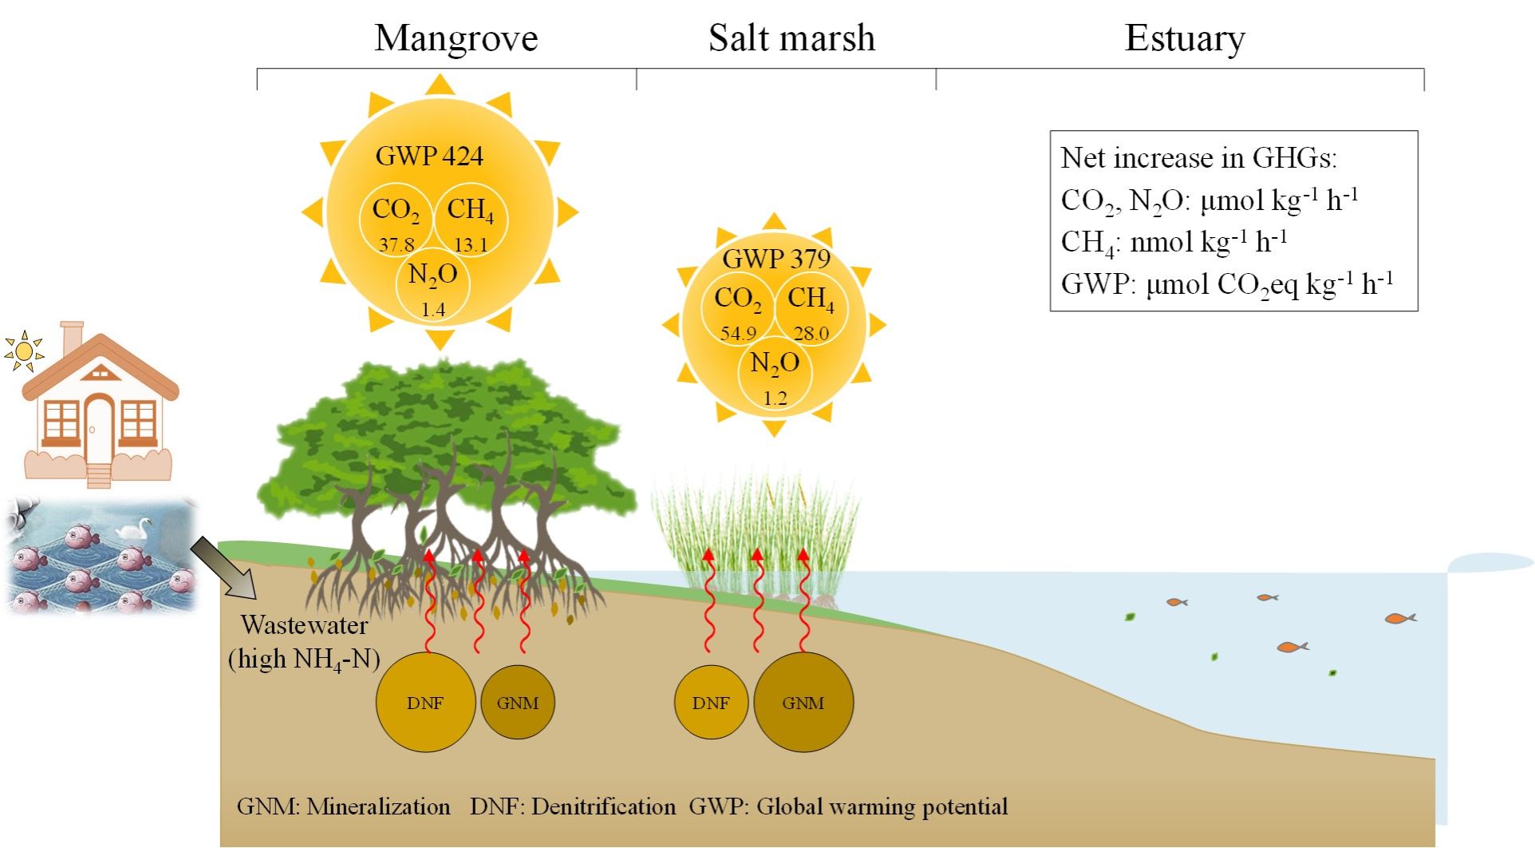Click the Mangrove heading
tap(456, 38)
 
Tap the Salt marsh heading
tap(791, 38)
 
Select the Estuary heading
tap(1184, 38)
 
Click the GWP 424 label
tap(429, 156)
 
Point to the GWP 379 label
tap(776, 259)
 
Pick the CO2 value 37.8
tap(397, 245)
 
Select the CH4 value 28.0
tap(811, 334)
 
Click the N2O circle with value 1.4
tap(433, 285)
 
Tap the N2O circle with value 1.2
tap(775, 373)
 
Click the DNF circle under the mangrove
tap(424, 703)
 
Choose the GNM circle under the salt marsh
tap(803, 703)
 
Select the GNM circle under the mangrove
tap(517, 703)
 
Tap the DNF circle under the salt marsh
tap(711, 703)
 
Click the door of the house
tap(99, 426)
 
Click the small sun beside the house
tap(24, 351)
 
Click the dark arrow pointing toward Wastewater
tap(223, 568)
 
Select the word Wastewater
tap(304, 625)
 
